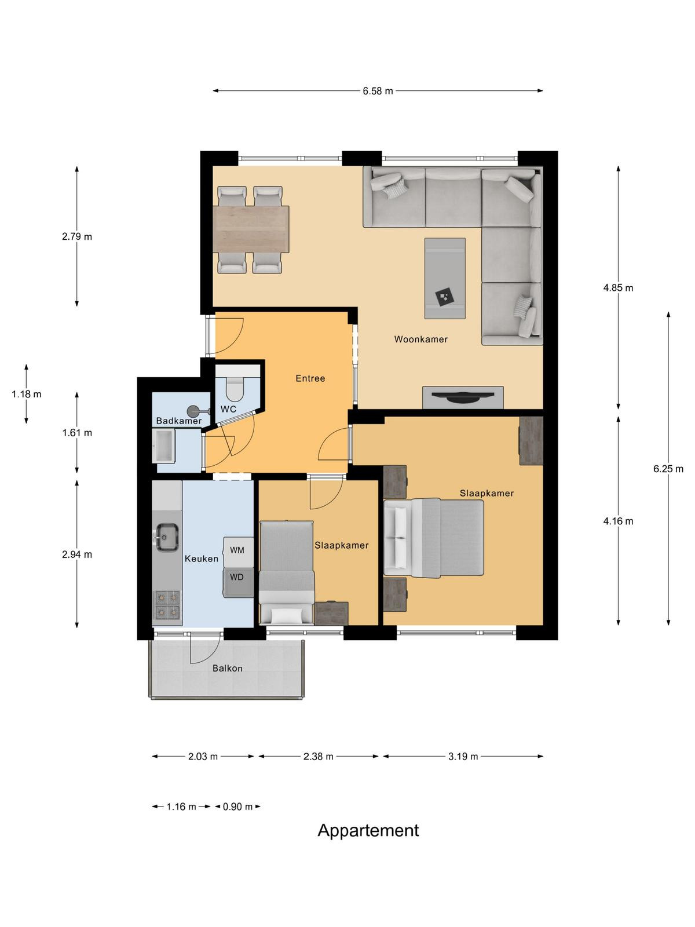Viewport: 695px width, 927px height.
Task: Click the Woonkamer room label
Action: tap(420, 339)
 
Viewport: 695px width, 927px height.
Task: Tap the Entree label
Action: tap(310, 378)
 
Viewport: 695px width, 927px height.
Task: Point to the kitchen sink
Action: tap(167, 537)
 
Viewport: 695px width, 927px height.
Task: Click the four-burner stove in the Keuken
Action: tap(167, 605)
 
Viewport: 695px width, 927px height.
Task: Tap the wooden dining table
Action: tap(251, 229)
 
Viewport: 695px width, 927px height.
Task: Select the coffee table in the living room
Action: tap(445, 278)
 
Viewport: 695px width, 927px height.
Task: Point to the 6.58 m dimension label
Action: tap(378, 91)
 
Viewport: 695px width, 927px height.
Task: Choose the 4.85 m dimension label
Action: tap(618, 288)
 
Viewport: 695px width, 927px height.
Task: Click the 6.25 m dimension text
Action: tap(668, 469)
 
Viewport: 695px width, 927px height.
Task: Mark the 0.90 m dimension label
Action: tap(237, 806)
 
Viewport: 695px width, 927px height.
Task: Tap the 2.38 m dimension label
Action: tap(318, 757)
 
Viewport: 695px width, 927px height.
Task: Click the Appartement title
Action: tap(368, 831)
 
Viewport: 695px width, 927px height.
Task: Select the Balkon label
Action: tap(228, 668)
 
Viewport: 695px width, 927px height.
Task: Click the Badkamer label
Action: tap(179, 421)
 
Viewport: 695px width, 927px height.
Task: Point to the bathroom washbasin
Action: tap(163, 446)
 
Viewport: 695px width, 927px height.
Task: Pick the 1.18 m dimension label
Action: tap(27, 394)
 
